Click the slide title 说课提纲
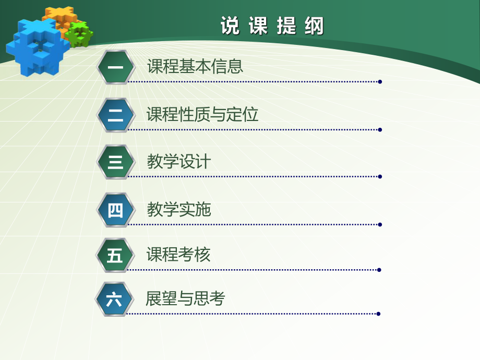coord(272,25)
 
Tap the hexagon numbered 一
coord(115,67)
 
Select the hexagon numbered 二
coord(115,115)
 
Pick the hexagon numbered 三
coord(115,162)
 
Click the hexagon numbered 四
coord(115,210)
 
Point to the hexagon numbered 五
coord(115,256)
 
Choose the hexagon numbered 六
coord(114,299)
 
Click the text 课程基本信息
coord(195,67)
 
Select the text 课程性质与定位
coord(202,114)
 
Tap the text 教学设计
coord(178,162)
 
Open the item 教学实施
coord(178,209)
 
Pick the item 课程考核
coord(178,255)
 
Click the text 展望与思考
coord(185,298)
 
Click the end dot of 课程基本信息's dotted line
coord(380,82)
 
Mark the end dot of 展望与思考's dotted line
coord(378,314)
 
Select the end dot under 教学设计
coord(380,177)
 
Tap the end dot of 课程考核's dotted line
coord(379,270)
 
